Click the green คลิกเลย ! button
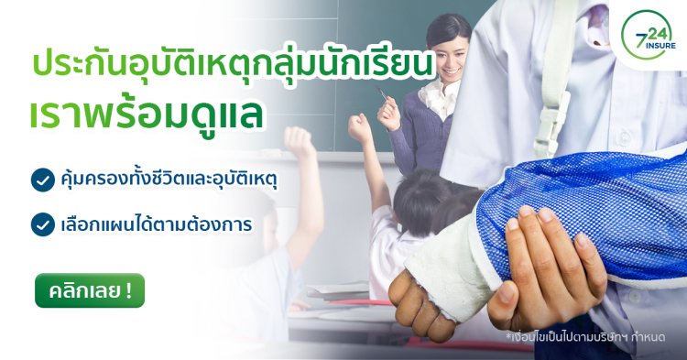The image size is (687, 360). [90, 291]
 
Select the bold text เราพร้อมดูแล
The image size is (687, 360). [147, 115]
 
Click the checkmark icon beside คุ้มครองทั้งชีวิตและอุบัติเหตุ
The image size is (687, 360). [42, 180]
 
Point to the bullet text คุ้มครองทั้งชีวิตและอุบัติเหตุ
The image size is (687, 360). [169, 180]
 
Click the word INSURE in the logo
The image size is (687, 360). [651, 53]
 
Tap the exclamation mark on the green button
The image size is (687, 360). [127, 291]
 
